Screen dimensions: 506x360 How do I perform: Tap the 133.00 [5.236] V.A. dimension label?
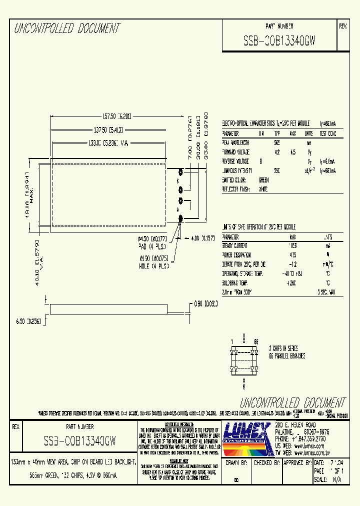pos(107,143)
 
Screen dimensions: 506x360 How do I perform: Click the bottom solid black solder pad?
pos(181,218)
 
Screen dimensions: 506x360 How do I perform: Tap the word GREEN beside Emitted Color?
pos(263,180)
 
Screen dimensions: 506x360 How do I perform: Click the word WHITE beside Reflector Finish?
pos(263,189)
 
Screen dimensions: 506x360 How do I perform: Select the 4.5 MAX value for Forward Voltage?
pos(293,152)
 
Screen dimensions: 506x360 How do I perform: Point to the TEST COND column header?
pos(328,134)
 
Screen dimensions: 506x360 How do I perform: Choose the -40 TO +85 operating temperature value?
pos(293,274)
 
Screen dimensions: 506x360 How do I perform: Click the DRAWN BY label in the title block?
pos(236,463)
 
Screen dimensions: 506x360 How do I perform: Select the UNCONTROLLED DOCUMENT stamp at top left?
pos(67,28)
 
